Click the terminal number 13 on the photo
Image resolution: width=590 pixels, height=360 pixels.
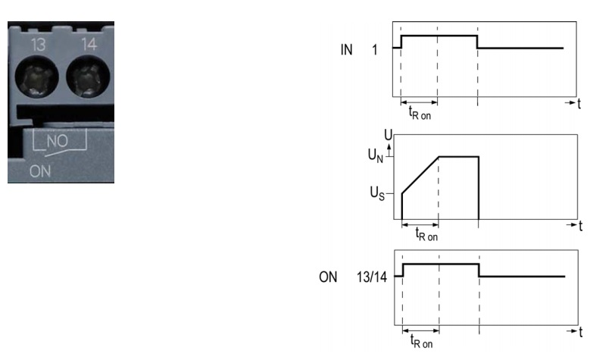coord(39,45)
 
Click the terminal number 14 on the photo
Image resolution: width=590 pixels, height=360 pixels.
coord(89,45)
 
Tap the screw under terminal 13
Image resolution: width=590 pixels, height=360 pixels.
coord(36,77)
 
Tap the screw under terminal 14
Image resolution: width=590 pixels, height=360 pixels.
coord(88,77)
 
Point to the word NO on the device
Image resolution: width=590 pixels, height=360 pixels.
coord(58,141)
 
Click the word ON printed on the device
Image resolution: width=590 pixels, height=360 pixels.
coord(40,171)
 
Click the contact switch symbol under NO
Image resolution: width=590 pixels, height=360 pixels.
coord(60,143)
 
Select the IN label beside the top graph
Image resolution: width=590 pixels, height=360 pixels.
coord(347,50)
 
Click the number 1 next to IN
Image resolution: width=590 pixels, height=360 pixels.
coord(375,50)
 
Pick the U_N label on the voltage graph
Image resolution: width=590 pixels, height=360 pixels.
coord(376,155)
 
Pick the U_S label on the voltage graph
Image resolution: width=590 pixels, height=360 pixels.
coord(377,193)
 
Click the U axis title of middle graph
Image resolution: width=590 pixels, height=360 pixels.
coord(388,134)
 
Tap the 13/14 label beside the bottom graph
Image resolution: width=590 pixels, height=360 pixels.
coord(372,277)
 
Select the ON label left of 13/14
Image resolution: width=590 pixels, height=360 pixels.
coord(328,277)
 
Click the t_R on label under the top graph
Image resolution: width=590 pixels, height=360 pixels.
coord(420,113)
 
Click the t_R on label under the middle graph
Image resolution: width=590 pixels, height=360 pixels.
coord(426,234)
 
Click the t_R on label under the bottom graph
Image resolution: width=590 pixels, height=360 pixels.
coord(421,341)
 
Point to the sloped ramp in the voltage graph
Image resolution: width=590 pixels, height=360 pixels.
coord(420,175)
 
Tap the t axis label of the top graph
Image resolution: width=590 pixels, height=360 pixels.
coord(579,103)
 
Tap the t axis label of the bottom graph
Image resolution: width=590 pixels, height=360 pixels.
coord(581,332)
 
